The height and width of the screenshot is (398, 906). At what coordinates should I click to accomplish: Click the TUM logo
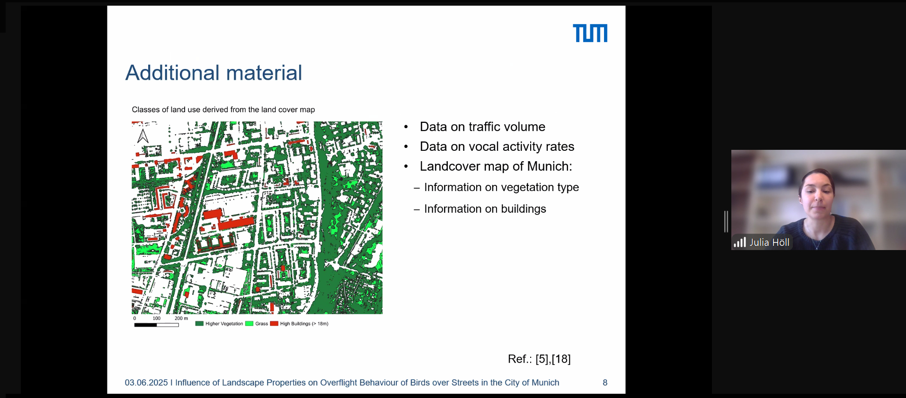590,33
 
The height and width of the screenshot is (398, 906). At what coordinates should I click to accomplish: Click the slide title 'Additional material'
213,73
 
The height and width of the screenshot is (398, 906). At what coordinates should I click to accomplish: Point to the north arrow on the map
143,136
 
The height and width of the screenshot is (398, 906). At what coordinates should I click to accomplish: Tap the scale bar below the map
157,325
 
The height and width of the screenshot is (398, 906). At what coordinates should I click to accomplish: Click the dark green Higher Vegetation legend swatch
199,324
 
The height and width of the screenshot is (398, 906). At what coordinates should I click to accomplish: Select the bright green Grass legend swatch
249,324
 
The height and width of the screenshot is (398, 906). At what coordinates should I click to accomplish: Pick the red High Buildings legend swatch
274,324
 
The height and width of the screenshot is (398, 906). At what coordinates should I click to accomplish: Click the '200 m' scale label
181,318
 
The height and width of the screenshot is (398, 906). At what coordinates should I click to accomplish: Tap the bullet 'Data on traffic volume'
482,127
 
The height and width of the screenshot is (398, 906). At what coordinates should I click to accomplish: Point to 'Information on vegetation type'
501,187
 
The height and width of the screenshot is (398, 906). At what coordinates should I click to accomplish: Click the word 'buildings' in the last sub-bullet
524,209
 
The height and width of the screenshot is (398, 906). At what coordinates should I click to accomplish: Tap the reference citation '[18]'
561,359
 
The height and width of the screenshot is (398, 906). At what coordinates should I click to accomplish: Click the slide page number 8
605,382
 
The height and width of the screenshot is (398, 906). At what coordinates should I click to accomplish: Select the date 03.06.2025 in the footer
146,382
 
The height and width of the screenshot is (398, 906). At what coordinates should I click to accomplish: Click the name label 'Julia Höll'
769,242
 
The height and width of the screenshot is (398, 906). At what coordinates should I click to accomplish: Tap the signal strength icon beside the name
740,242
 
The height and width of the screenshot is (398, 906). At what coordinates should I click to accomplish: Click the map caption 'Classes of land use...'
223,110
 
